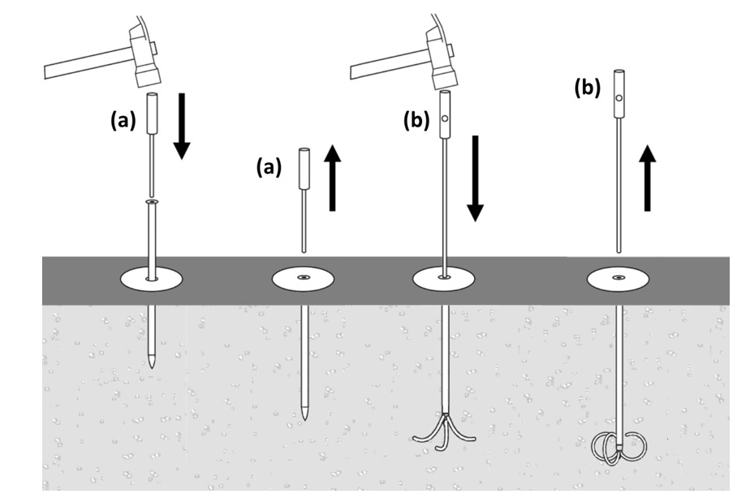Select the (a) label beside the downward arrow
click(123, 122)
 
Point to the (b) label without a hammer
click(587, 88)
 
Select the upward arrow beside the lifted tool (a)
click(331, 178)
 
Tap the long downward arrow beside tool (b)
click(476, 178)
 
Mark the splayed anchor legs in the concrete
click(444, 430)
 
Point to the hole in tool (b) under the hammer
click(445, 119)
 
